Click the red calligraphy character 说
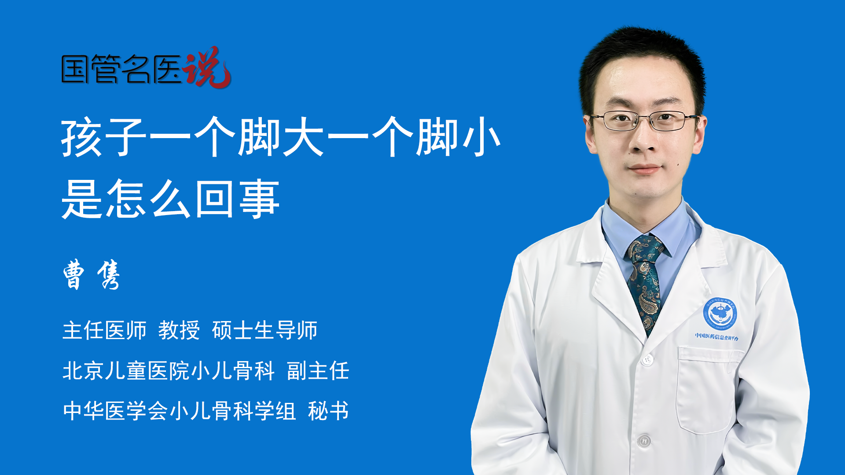tap(207, 67)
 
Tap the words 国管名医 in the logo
tap(121, 69)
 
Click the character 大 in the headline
tap(303, 137)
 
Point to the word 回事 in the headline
tap(237, 199)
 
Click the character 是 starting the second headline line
tap(82, 199)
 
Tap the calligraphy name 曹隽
tap(91, 274)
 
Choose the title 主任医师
tap(104, 330)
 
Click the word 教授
tap(179, 330)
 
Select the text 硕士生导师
tap(265, 330)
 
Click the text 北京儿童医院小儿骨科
tap(169, 370)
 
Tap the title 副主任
tap(318, 370)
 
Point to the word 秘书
tap(328, 411)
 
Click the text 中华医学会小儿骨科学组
tap(179, 411)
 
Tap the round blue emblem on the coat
tap(720, 314)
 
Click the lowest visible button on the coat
tap(644, 440)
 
